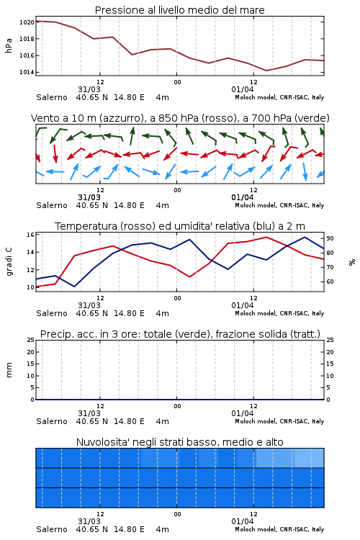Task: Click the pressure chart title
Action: [x=180, y=10]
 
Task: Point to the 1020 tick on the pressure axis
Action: [x=27, y=22]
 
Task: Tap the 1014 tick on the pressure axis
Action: [x=27, y=72]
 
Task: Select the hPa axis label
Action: [x=9, y=45]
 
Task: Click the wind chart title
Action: [x=180, y=118]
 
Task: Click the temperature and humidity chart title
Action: [x=180, y=226]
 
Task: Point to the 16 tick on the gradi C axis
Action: [x=30, y=235]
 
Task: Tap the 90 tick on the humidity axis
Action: [x=330, y=238]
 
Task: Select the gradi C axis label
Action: [x=9, y=262]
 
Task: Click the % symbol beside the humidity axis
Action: [x=352, y=262]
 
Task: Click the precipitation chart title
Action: [x=180, y=334]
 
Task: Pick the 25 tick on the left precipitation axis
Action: [x=30, y=340]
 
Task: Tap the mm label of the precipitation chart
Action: [x=9, y=370]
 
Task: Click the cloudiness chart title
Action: [x=180, y=442]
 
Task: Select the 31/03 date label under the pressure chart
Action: [x=89, y=89]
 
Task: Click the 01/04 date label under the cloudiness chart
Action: [x=243, y=521]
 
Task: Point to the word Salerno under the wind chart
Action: [x=52, y=206]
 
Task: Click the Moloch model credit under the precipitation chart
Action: [x=279, y=421]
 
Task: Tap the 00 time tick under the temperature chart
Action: [x=177, y=298]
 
